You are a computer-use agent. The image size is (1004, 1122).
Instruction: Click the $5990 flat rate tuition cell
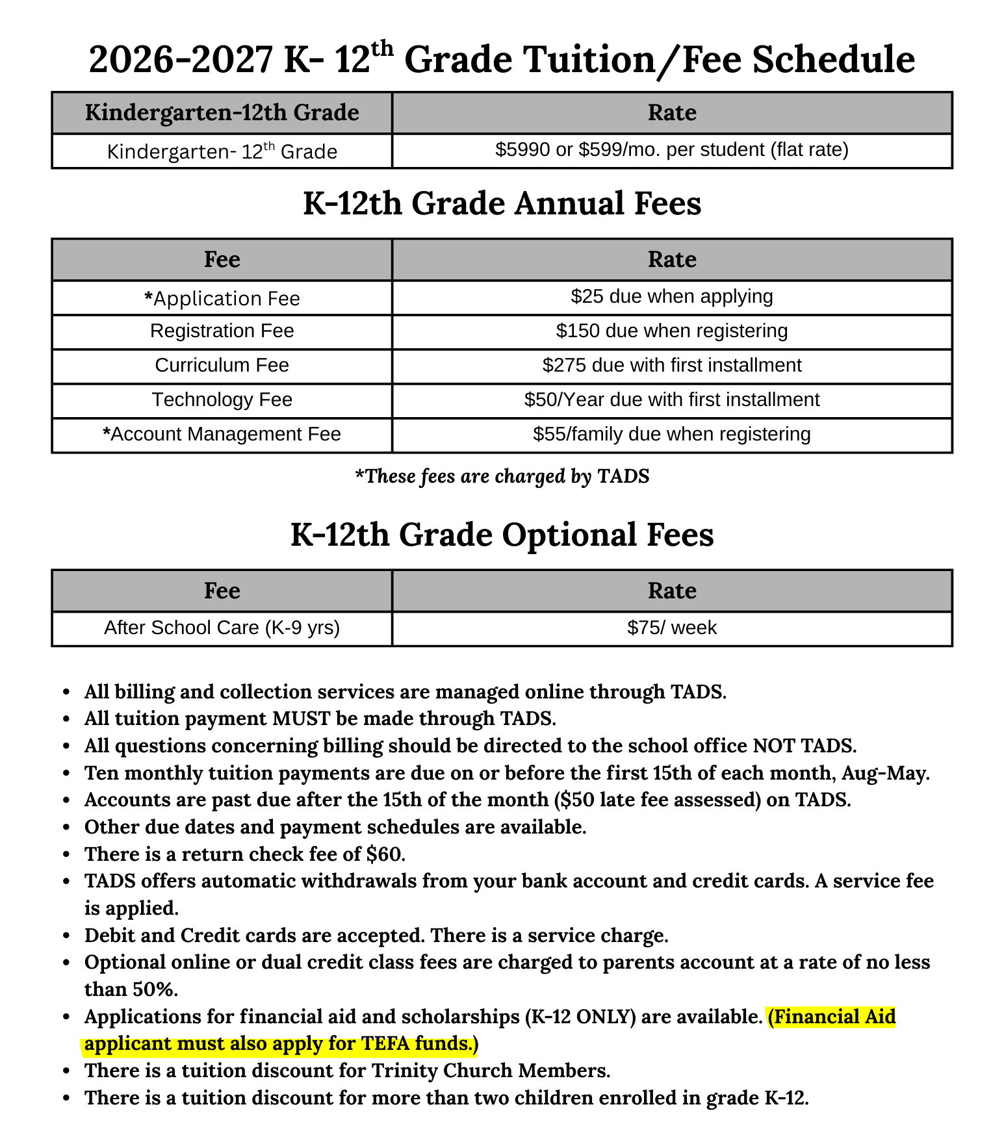click(671, 151)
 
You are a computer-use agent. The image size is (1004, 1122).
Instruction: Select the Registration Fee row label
click(222, 331)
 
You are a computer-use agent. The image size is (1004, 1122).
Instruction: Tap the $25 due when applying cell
click(671, 297)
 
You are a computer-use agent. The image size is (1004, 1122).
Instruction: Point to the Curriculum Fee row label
click(222, 366)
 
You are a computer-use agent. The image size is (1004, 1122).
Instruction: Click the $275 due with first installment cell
click(671, 366)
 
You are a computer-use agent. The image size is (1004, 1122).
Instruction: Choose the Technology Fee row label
click(222, 400)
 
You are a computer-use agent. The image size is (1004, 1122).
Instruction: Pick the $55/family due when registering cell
click(671, 435)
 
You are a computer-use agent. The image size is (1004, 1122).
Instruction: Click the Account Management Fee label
click(222, 435)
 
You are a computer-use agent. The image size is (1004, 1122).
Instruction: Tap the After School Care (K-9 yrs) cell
click(222, 628)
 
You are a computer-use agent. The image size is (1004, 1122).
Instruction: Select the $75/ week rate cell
click(671, 628)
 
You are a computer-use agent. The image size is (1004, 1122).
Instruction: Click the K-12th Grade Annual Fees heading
click(502, 203)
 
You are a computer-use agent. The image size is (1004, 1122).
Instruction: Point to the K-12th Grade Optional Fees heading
click(502, 535)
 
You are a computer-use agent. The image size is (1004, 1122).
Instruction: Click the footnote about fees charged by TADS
click(502, 477)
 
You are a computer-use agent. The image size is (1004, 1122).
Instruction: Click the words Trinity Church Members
click(491, 1071)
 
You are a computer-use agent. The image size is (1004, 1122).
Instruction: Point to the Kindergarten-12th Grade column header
click(222, 113)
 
